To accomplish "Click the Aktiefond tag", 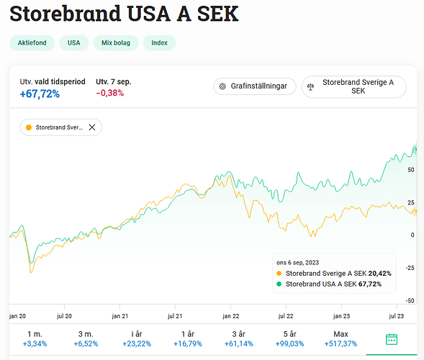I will [32, 43].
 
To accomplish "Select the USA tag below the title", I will [73, 43].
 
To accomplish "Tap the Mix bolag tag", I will [115, 43].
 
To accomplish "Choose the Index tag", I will [159, 43].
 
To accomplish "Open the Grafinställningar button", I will [255, 86].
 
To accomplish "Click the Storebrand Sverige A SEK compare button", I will [353, 86].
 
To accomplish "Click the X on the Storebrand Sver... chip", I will [92, 127].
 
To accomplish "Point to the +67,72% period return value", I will [40, 94].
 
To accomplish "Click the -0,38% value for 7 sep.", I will [109, 94].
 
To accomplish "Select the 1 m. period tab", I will [35, 338].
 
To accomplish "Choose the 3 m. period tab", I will [86, 338].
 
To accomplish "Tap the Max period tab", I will [340, 338].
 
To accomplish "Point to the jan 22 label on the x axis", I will [230, 315].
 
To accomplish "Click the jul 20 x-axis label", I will [64, 315].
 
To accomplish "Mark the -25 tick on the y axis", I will [410, 268].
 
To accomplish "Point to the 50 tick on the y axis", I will [411, 170].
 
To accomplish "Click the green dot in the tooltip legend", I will [279, 284].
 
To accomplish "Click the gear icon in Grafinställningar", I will [223, 86].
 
